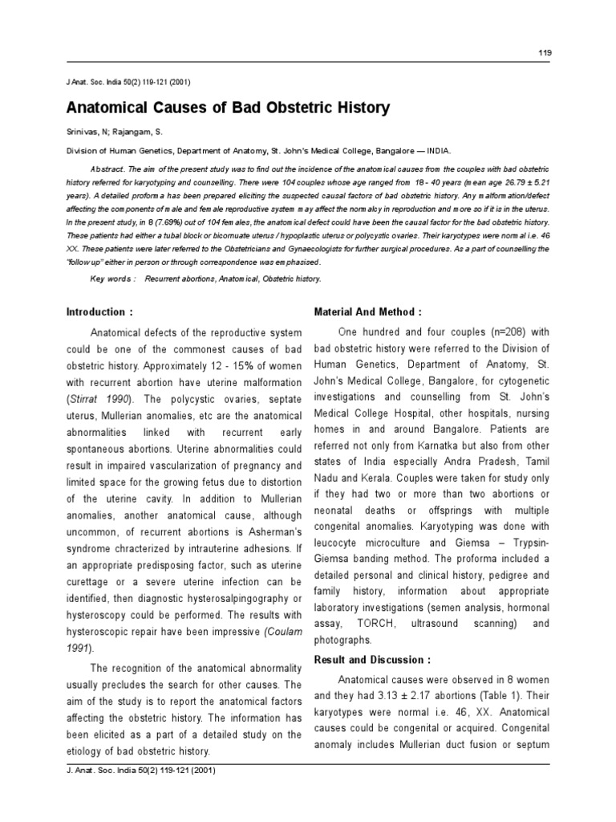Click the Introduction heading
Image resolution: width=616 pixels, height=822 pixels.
coord(99,311)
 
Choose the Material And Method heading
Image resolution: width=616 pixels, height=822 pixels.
coord(366,311)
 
